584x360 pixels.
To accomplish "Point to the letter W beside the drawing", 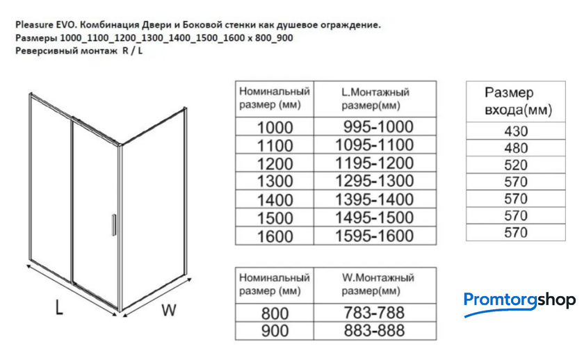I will pyautogui.click(x=168, y=311).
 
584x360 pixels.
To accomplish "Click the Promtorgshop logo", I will pyautogui.click(x=519, y=301).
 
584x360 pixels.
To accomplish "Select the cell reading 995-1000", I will pyautogui.click(x=378, y=127).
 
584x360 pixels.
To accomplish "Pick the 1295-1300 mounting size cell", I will pyautogui.click(x=374, y=181).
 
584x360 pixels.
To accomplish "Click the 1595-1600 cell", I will pyautogui.click(x=374, y=236).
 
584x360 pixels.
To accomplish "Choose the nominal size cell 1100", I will pyautogui.click(x=275, y=146).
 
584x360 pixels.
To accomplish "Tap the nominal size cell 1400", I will pyautogui.click(x=275, y=200).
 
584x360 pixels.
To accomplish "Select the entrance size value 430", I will pyautogui.click(x=516, y=131).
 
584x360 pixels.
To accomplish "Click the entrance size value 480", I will pyautogui.click(x=516, y=148).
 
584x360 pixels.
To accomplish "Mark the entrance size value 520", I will pyautogui.click(x=516, y=165).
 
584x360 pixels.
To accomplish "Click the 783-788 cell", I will pyautogui.click(x=373, y=313).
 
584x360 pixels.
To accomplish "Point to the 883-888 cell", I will pyautogui.click(x=373, y=331).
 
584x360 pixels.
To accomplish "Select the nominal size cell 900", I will pyautogui.click(x=275, y=331).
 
